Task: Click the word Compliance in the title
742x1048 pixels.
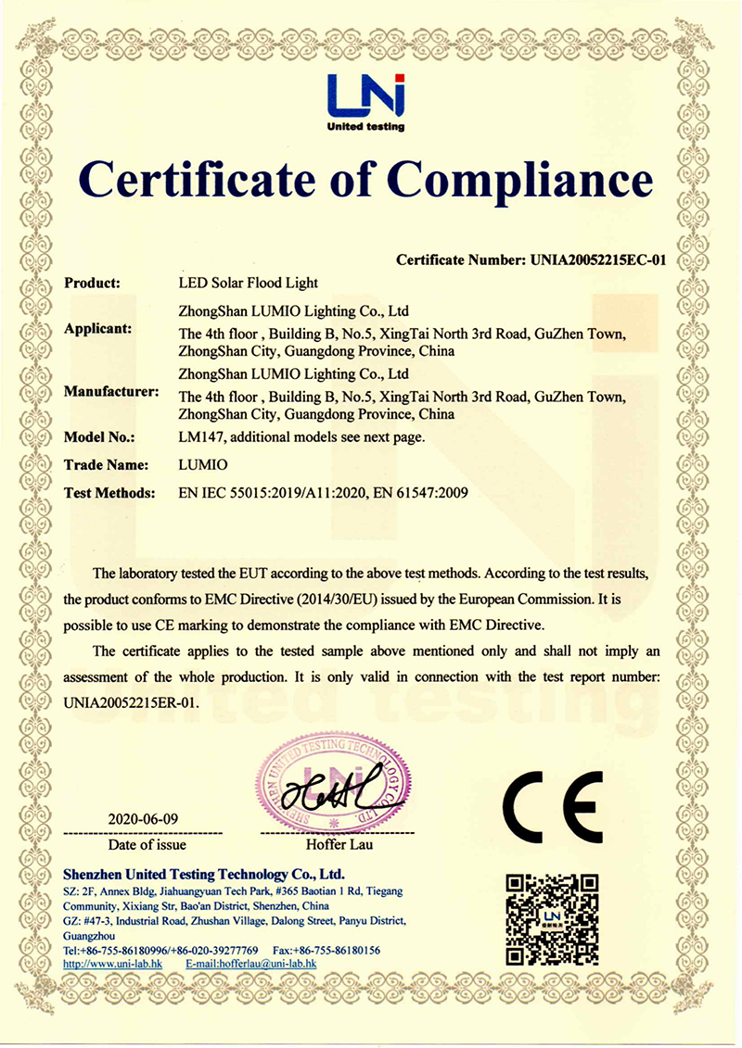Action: [x=520, y=180]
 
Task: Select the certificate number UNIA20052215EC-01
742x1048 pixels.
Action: [x=597, y=260]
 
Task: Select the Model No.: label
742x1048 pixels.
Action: [x=99, y=436]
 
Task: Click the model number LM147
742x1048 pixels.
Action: [x=198, y=436]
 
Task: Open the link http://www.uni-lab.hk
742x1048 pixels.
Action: [x=111, y=964]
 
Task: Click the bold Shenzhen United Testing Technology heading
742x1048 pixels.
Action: [x=203, y=874]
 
